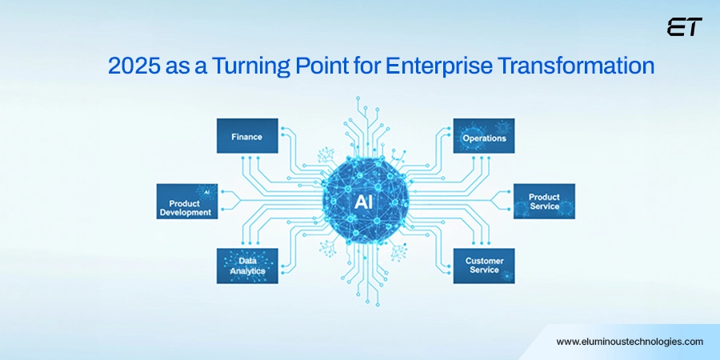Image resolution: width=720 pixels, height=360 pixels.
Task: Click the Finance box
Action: tap(247, 137)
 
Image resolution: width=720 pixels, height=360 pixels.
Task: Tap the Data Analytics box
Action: tap(247, 266)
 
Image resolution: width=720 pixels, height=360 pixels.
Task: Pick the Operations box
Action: tap(484, 137)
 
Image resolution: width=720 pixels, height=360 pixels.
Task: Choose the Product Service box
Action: tap(544, 202)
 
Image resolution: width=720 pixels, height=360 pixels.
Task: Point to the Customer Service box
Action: tap(484, 266)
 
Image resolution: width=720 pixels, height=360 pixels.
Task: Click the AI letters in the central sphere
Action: tap(365, 202)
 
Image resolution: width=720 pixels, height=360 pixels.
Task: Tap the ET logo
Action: tap(684, 27)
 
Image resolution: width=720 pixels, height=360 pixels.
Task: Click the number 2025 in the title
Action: tap(132, 66)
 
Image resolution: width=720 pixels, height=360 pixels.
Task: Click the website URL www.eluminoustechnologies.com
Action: tap(630, 342)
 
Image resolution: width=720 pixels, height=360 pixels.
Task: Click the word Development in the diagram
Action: tap(185, 213)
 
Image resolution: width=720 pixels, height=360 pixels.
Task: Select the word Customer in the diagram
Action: tap(484, 260)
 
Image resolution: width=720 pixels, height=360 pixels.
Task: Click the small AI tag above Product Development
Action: tap(206, 193)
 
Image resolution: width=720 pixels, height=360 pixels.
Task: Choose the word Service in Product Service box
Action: tap(544, 207)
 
